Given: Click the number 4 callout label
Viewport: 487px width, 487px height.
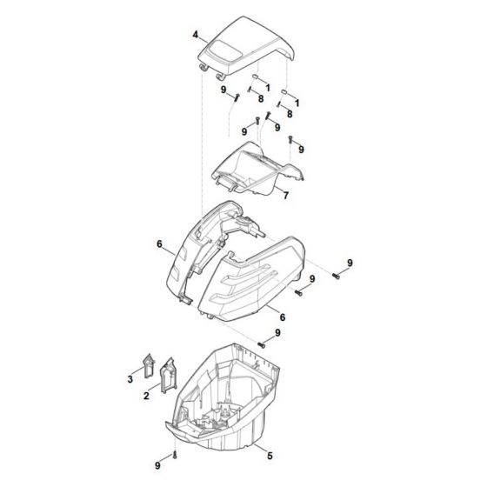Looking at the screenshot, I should tap(197, 35).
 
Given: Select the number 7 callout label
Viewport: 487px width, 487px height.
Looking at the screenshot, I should tap(262, 195).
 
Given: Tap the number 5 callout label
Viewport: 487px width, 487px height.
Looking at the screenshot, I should tap(270, 455).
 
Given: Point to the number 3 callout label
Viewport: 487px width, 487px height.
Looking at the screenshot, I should tap(130, 379).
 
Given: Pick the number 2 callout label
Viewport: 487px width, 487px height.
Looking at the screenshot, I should tap(147, 397).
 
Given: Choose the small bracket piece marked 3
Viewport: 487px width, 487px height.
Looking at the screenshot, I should tap(146, 365).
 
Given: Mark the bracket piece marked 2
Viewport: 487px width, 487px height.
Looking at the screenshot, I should tap(166, 376).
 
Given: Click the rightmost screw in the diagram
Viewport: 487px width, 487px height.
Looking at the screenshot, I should tap(336, 276).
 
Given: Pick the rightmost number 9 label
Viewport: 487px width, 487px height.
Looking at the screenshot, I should tap(350, 263).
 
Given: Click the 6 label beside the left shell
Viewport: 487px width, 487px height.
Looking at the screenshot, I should tap(160, 245).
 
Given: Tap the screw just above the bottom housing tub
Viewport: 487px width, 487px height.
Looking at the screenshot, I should tap(260, 346).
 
